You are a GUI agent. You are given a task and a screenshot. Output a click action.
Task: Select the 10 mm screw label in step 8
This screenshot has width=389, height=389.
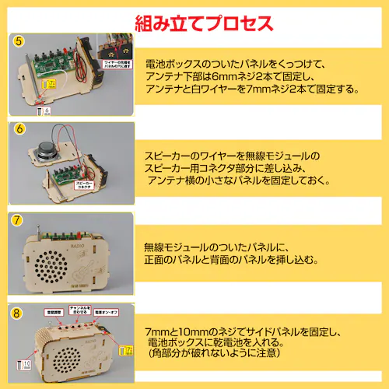pyautogui.click(x=24, y=364)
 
